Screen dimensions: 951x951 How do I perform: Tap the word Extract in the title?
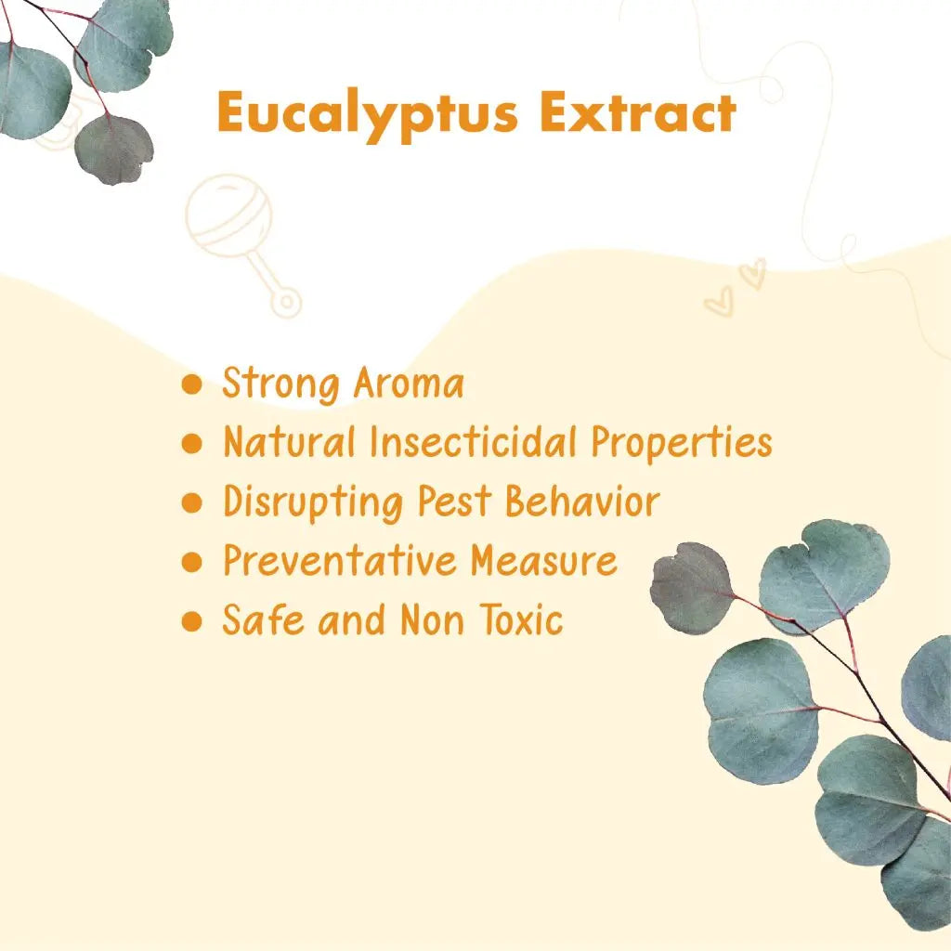tap(638, 112)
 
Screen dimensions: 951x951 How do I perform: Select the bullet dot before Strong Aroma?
tap(191, 384)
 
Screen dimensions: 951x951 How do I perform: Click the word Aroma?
tap(409, 384)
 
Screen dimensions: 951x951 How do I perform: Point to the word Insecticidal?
tap(473, 441)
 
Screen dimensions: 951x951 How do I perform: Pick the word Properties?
tap(682, 443)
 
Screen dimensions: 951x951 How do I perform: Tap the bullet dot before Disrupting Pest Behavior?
tap(191, 502)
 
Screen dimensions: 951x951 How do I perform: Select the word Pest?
tap(454, 501)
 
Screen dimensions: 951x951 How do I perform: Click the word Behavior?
tap(582, 501)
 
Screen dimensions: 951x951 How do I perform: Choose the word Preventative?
tap(340, 560)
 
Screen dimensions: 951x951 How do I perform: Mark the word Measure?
tap(544, 560)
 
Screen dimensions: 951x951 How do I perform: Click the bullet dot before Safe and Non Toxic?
tap(191, 621)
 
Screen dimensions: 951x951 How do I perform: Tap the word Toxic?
tap(521, 619)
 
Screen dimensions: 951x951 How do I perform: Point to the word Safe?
tap(263, 619)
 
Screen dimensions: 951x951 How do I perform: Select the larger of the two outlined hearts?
tap(720, 302)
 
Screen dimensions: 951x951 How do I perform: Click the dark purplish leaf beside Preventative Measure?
tap(691, 587)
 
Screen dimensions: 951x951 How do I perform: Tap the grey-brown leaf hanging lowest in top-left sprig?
tap(114, 150)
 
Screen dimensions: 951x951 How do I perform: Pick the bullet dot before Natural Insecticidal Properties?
tap(191, 443)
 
